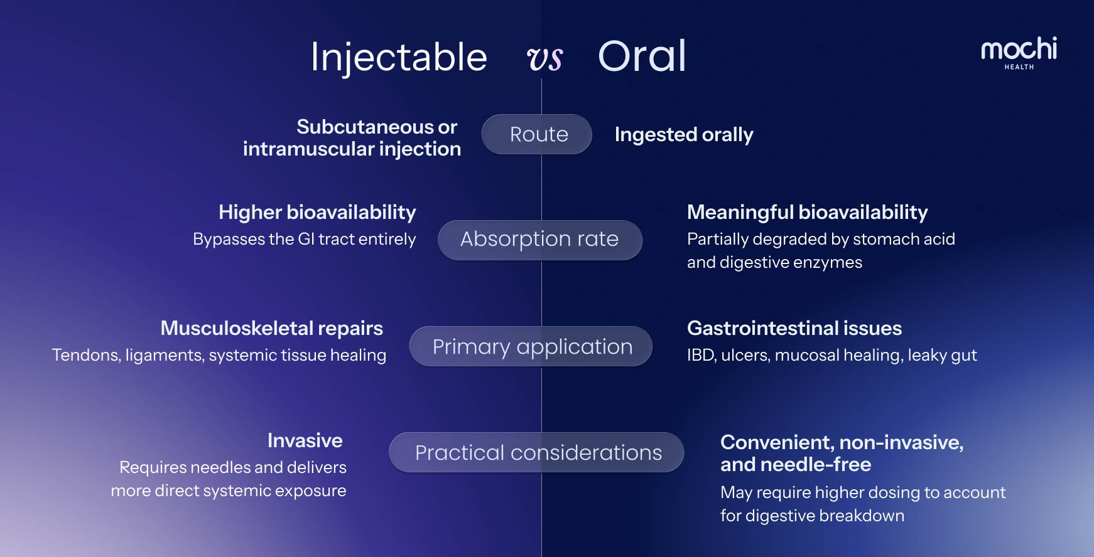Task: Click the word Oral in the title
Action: [642, 56]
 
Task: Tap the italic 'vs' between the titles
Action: [544, 59]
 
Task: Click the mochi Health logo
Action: [1019, 53]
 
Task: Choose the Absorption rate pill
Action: [540, 240]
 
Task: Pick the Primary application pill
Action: [531, 346]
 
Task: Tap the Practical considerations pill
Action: [536, 452]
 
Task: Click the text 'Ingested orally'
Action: [684, 135]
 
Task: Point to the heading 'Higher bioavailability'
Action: [317, 213]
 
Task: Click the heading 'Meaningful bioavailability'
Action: [808, 213]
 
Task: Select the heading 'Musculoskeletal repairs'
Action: [272, 328]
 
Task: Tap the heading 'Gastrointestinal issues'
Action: [794, 328]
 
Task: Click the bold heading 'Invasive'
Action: [305, 440]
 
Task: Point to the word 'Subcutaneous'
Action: [366, 127]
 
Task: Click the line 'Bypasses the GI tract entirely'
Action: [305, 239]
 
